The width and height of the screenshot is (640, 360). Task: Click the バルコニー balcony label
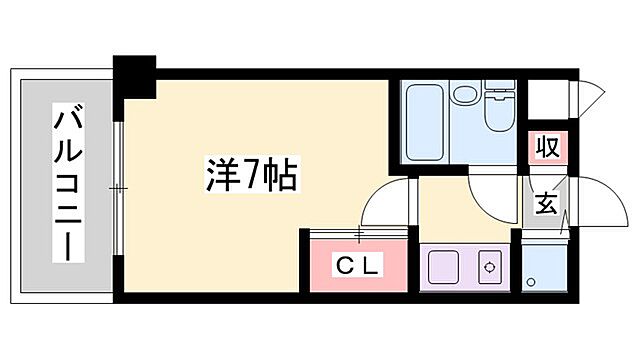(67, 186)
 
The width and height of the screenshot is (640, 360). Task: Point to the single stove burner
(489, 268)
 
